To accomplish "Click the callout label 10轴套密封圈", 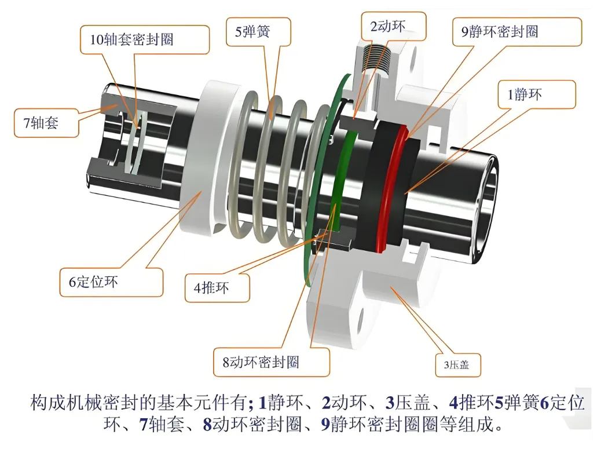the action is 131,39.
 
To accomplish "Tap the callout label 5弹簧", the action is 252,32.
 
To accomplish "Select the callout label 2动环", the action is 388,27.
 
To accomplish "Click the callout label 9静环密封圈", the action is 499,32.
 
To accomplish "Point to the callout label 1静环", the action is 524,94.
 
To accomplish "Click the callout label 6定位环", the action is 93,282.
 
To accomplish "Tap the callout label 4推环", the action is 211,287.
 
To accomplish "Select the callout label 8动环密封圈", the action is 261,362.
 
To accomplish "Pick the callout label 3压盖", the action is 456,365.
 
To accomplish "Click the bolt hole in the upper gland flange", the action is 413,58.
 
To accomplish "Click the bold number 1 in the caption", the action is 262,403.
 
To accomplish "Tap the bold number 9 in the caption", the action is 325,425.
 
